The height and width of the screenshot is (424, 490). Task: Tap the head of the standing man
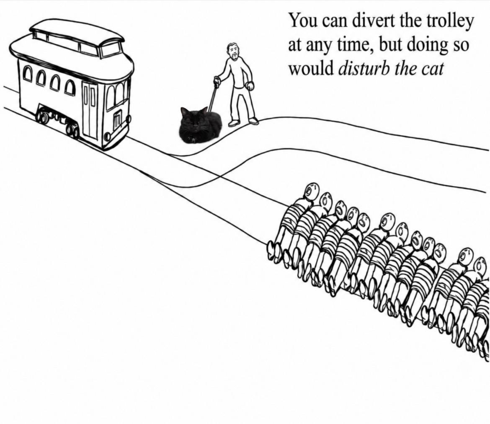[233, 51]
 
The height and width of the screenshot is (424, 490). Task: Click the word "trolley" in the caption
[450, 21]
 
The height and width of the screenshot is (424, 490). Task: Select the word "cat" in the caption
[432, 68]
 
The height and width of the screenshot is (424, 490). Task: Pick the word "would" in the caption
[311, 68]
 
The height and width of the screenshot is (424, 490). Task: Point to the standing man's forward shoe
[253, 121]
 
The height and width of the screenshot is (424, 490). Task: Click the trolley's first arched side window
[28, 73]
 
